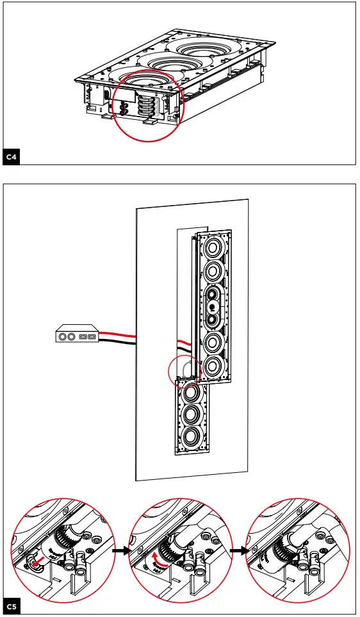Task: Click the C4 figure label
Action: [x=12, y=156]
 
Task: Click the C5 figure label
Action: [x=12, y=606]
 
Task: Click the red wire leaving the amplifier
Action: [x=119, y=334]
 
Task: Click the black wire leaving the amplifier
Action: [x=119, y=341]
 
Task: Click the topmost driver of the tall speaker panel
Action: [x=213, y=247]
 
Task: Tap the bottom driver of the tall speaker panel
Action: [x=212, y=366]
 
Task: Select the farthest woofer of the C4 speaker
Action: [x=205, y=48]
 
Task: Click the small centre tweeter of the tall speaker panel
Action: [x=212, y=307]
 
